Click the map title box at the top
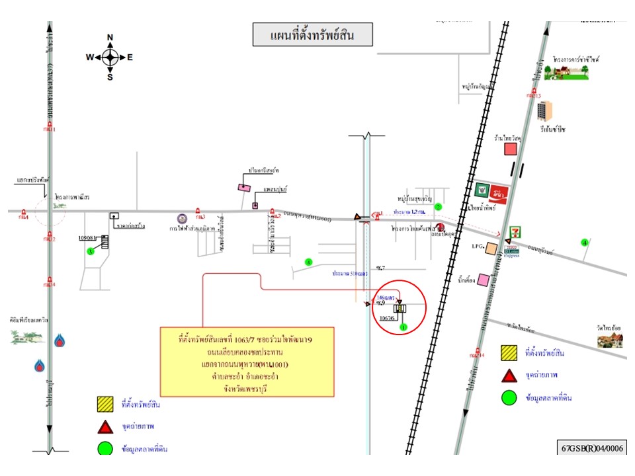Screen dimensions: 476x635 click(x=312, y=35)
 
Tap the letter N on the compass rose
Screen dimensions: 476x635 click(x=110, y=37)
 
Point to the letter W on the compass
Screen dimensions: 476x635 click(x=89, y=58)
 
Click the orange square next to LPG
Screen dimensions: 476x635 click(x=491, y=249)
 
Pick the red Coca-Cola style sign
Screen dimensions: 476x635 click(x=500, y=192)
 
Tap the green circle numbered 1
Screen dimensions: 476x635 click(x=403, y=326)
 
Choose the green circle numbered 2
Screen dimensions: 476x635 click(x=438, y=207)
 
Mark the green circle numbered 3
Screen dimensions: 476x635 click(x=91, y=251)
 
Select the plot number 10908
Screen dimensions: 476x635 click(x=88, y=237)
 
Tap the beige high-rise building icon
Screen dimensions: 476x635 click(x=544, y=110)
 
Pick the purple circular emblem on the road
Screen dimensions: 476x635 click(x=181, y=218)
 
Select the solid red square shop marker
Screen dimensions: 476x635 click(x=510, y=149)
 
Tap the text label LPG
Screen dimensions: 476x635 click(x=476, y=247)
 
